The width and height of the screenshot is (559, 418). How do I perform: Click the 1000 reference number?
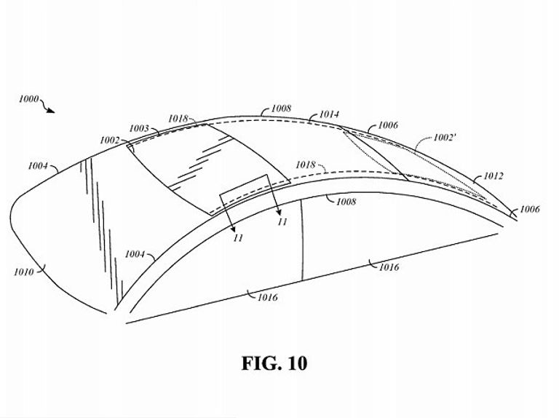click(29, 99)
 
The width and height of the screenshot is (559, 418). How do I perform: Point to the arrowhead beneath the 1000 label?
click(51, 111)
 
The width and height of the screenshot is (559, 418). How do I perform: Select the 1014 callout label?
click(329, 114)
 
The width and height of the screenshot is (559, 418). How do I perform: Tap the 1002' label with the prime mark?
click(445, 138)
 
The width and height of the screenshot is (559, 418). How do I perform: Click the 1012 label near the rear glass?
click(493, 176)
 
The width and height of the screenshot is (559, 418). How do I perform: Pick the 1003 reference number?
click(139, 128)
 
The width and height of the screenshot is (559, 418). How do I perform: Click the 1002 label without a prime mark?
click(109, 140)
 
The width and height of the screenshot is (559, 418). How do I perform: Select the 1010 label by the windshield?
click(24, 272)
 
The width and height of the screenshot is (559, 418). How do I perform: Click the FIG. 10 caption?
click(274, 363)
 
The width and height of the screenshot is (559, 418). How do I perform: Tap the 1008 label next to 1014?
click(281, 108)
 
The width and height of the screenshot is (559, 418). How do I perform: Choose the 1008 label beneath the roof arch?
click(346, 202)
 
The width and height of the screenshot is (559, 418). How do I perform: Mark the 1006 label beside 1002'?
click(388, 125)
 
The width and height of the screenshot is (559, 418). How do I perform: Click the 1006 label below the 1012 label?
click(530, 209)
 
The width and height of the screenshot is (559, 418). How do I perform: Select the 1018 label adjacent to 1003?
click(178, 119)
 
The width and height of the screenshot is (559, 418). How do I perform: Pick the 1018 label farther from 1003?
click(306, 165)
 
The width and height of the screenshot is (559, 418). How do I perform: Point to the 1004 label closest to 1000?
click(38, 165)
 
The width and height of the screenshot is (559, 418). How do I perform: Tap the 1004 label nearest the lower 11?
click(135, 254)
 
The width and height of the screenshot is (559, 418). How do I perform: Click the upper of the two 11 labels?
click(282, 222)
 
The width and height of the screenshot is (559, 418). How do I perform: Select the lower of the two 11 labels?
click(238, 237)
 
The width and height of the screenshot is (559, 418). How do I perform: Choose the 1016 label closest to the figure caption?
click(268, 297)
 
